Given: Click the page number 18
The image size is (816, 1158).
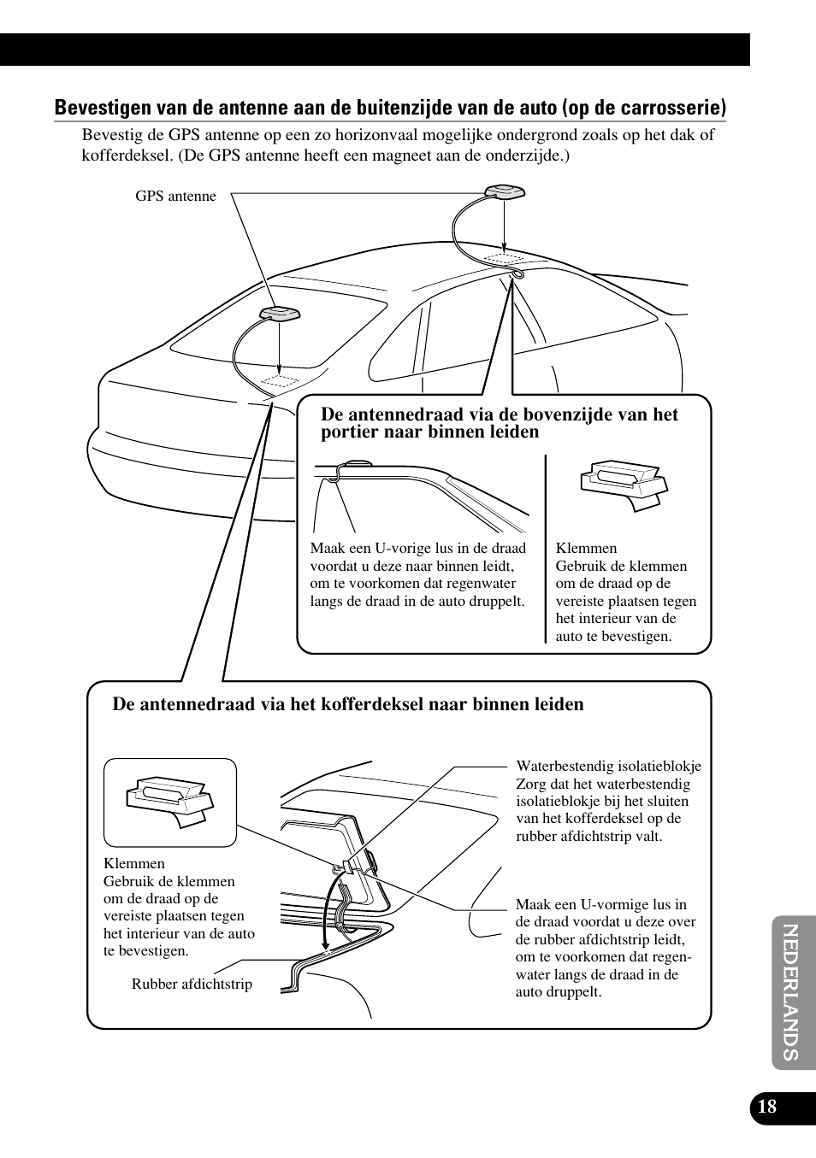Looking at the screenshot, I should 767,1107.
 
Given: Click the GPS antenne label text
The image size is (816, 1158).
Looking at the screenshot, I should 175,197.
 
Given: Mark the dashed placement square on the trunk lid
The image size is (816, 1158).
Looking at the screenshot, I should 279,379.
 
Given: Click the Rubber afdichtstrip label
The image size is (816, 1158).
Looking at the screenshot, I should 192,985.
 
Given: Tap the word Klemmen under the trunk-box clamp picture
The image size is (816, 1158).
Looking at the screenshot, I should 133,864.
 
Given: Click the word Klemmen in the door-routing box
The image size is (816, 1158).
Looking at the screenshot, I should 586,549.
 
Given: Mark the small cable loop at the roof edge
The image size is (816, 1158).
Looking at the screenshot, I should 517,273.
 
